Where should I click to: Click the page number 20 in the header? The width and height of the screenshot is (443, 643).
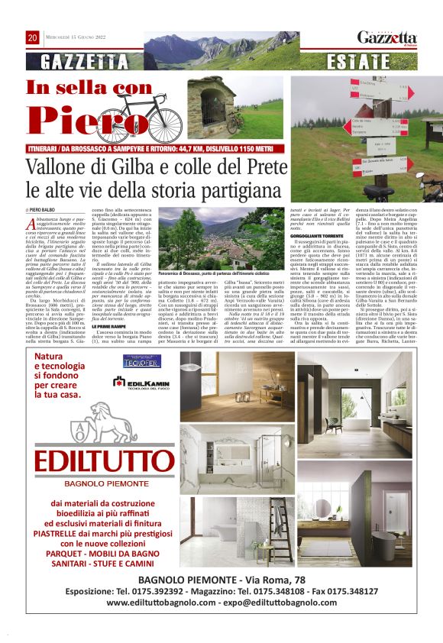click(32, 37)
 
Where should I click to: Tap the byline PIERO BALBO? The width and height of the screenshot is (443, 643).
click(44, 208)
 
